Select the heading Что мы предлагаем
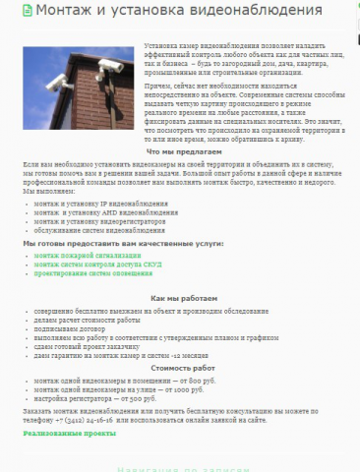[x=177, y=151]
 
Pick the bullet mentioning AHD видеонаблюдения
[x=103, y=213]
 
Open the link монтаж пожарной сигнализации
[x=88, y=256]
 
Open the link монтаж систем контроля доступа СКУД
[x=99, y=265]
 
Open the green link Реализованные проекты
[x=70, y=433]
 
